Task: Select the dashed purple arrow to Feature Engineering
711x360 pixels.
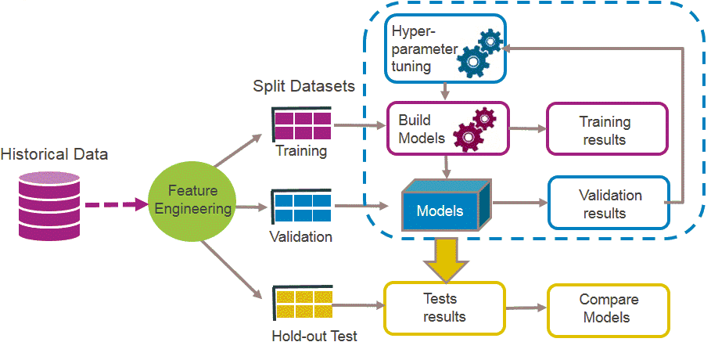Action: pyautogui.click(x=114, y=205)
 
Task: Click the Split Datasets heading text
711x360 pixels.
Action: pyautogui.click(x=303, y=85)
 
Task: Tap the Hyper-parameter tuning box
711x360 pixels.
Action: pyautogui.click(x=444, y=49)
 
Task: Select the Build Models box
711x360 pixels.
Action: pyautogui.click(x=447, y=128)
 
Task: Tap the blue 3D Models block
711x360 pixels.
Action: pyautogui.click(x=445, y=209)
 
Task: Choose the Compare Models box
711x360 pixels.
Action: pyautogui.click(x=609, y=309)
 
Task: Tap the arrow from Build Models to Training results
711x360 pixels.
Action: pyautogui.click(x=527, y=130)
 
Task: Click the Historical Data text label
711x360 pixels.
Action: pyautogui.click(x=54, y=155)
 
